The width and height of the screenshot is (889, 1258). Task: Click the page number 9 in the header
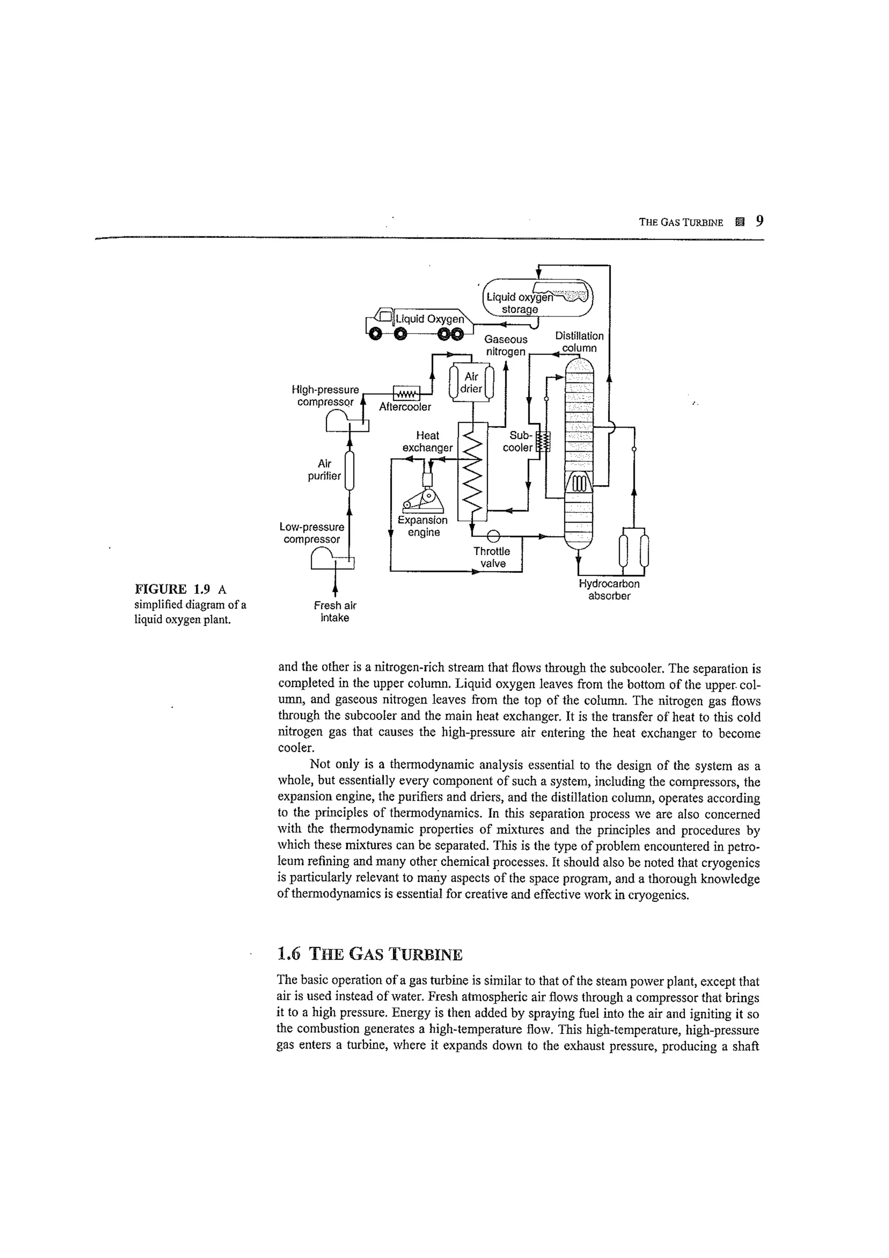coord(759,221)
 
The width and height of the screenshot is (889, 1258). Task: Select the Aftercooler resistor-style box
coord(406,393)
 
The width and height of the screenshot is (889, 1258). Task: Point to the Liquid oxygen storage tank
coord(537,298)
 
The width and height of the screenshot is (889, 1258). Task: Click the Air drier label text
coord(471,383)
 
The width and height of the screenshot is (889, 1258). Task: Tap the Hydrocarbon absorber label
coord(609,590)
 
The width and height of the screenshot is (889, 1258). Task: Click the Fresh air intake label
coord(335,611)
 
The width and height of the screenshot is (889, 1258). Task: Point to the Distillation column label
coord(579,342)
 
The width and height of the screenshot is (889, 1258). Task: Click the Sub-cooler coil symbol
coord(543,442)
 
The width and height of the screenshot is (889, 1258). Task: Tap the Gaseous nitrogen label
coord(506,345)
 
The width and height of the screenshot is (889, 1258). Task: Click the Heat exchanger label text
coord(427,442)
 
